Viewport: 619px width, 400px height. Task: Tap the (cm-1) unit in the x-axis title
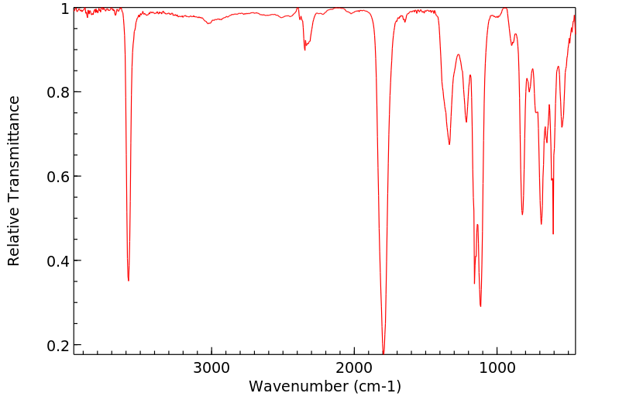click(x=375, y=386)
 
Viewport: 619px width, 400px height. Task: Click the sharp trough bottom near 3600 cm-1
click(x=129, y=280)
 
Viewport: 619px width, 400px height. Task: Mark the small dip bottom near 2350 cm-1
click(x=304, y=50)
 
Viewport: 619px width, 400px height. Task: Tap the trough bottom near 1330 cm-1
click(x=449, y=144)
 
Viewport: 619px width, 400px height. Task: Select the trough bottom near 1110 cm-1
click(x=480, y=306)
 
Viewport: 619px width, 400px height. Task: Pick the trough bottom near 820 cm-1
click(x=522, y=215)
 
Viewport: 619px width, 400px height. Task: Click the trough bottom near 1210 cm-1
click(x=466, y=122)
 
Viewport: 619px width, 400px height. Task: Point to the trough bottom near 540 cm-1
click(x=562, y=127)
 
